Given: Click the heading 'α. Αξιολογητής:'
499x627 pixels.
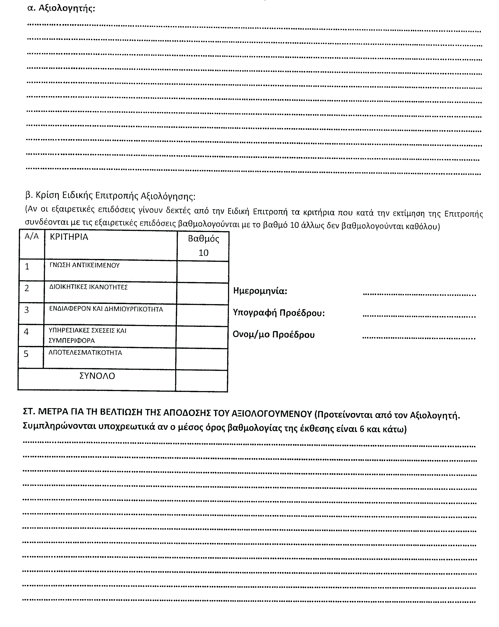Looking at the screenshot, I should click(x=61, y=8).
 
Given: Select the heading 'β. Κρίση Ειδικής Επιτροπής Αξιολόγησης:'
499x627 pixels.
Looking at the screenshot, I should click(x=110, y=196).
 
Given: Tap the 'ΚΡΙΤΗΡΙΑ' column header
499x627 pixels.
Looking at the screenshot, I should click(x=69, y=237).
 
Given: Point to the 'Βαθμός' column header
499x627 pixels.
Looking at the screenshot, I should click(x=203, y=239).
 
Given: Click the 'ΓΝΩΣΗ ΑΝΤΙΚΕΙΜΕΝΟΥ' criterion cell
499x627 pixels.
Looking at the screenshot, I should click(x=85, y=265).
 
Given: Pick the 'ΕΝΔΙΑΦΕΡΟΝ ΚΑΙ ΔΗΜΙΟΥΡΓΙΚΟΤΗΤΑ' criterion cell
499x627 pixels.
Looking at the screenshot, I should click(x=106, y=309).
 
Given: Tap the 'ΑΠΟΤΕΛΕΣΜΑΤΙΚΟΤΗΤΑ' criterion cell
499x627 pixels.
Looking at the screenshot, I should click(x=85, y=353).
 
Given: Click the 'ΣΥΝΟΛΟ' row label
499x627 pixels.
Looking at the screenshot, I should click(x=97, y=376).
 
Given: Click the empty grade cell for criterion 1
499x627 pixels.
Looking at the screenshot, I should click(x=203, y=272).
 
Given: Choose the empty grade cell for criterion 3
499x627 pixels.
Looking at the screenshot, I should click(x=202, y=315).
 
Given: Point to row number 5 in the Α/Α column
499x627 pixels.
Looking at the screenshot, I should click(x=26, y=354).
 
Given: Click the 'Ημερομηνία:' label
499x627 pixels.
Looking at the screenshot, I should click(x=260, y=291).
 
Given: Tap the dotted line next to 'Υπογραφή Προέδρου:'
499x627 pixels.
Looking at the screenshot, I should click(x=419, y=316).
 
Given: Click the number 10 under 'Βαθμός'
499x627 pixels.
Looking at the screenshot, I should click(x=203, y=253).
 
